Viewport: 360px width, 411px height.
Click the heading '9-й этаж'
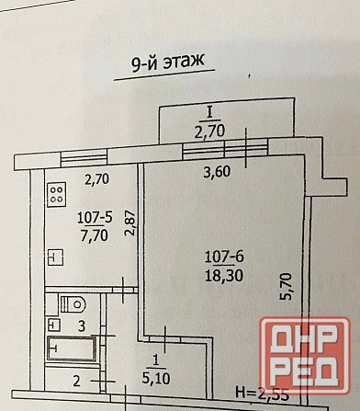pyautogui.click(x=162, y=63)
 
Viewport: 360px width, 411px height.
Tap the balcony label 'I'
pyautogui.click(x=210, y=112)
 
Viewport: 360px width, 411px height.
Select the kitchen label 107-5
pyautogui.click(x=96, y=217)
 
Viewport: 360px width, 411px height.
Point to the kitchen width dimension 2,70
pyautogui.click(x=98, y=179)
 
